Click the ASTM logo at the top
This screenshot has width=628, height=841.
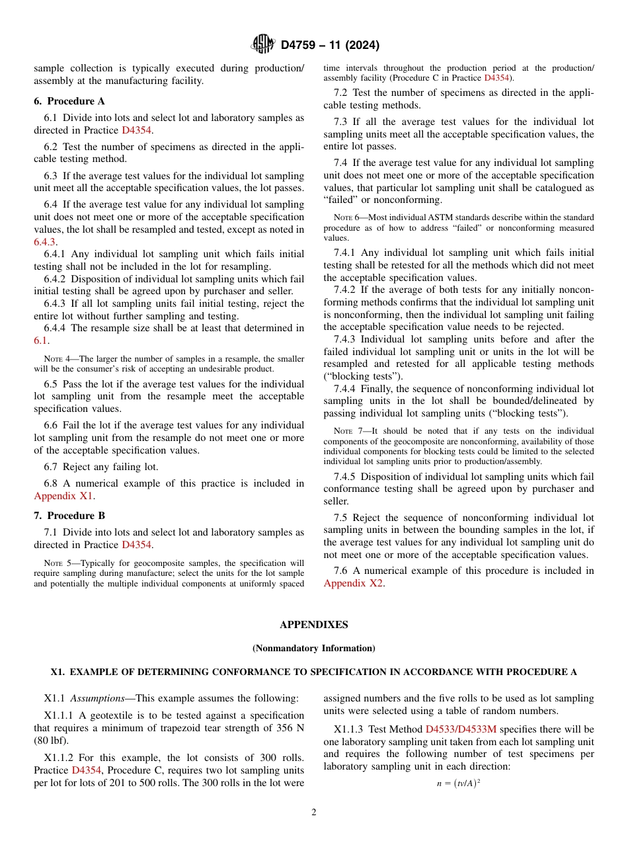pos(262,45)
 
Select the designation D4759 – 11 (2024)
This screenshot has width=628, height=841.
pos(330,46)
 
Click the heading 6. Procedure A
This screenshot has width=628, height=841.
pos(69,101)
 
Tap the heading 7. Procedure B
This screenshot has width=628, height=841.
pos(69,516)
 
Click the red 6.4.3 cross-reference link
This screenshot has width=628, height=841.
pos(45,242)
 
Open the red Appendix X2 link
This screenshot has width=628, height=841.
pos(354,583)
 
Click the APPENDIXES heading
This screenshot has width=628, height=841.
pos(314,625)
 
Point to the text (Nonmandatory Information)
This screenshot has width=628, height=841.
pos(314,649)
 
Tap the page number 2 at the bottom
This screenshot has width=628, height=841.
pos(314,813)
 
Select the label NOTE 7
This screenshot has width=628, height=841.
pos(346,431)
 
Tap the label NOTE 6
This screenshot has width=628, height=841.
pos(346,218)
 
